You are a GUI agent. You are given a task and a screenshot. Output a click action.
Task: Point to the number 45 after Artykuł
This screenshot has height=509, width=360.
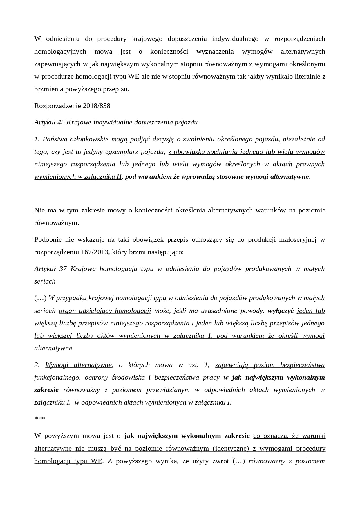[x=61, y=122]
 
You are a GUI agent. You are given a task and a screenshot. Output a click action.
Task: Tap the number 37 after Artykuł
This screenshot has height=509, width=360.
[x=63, y=269]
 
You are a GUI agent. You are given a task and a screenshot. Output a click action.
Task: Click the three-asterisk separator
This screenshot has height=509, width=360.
[x=40, y=419]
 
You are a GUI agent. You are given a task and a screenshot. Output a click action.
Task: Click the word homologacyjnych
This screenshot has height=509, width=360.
[x=60, y=51]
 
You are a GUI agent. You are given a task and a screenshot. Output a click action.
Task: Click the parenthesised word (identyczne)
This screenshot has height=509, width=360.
[x=231, y=448]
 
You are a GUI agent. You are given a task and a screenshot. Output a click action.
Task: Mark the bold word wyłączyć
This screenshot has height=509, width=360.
[x=281, y=311]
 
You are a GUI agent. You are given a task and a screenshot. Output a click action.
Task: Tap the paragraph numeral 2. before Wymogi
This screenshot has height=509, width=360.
[x=37, y=365]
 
